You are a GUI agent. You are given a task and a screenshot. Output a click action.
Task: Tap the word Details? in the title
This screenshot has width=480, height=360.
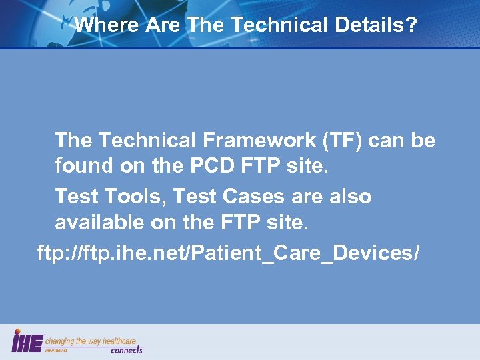tap(374, 25)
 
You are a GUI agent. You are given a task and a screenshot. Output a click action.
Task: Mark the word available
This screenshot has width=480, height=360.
tap(100, 221)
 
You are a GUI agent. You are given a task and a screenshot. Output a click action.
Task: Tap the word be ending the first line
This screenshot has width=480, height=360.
tap(424, 141)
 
